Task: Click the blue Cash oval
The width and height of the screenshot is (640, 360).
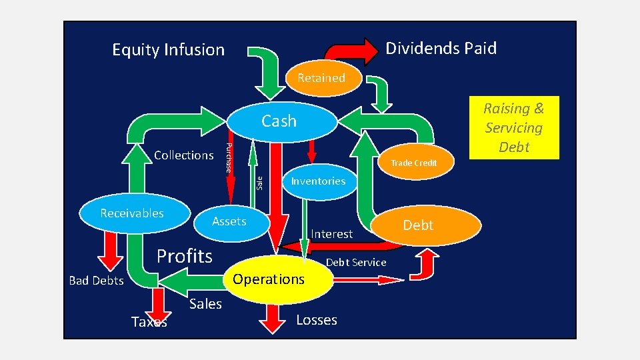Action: [279, 121]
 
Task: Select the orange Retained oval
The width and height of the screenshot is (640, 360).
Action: [321, 78]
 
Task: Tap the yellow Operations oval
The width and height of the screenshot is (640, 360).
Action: [269, 279]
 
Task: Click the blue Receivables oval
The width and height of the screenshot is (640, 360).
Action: [131, 213]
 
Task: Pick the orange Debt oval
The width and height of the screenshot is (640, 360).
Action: [419, 226]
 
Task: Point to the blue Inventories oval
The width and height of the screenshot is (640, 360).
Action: [318, 181]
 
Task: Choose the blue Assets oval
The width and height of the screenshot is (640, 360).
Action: [229, 221]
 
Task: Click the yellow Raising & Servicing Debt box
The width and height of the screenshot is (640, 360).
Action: [513, 128]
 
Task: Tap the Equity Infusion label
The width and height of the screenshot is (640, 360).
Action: [168, 50]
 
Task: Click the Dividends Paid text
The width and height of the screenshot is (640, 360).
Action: [441, 48]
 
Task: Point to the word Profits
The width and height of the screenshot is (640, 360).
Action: [184, 256]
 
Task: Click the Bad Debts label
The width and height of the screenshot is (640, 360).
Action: [96, 281]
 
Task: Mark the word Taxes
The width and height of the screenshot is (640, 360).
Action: [149, 323]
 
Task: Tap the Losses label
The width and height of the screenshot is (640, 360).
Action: [316, 320]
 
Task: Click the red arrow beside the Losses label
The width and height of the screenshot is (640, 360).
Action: [272, 318]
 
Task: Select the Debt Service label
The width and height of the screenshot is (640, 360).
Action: [355, 263]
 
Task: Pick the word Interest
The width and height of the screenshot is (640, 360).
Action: [331, 234]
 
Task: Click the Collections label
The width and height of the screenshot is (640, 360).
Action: [183, 155]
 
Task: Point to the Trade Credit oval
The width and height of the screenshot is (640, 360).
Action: [413, 163]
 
